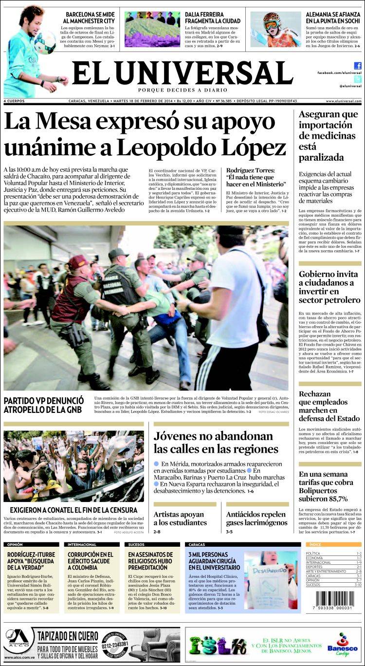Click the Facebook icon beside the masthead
click(358, 66)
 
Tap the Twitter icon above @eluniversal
click(358, 79)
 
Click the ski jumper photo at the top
click(275, 29)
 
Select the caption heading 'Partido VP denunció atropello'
click(44, 405)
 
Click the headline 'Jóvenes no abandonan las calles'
click(216, 442)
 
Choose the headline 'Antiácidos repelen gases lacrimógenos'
click(256, 518)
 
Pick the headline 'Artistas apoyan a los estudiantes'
click(180, 518)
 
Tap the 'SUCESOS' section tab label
click(137, 544)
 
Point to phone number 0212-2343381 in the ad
click(115, 643)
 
